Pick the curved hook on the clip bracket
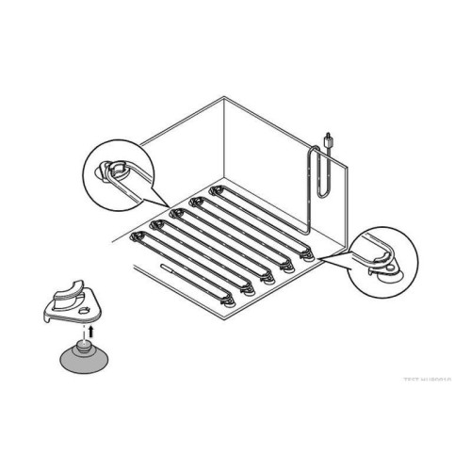(67, 285)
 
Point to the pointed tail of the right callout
(325, 255)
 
